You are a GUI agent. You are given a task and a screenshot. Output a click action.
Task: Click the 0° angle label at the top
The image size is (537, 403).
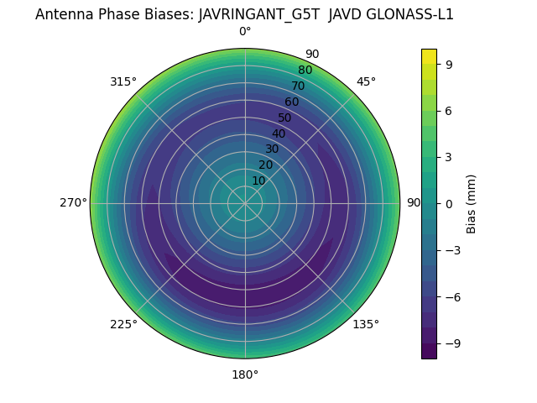(245, 32)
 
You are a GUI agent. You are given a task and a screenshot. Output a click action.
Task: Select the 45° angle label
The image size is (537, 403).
(366, 81)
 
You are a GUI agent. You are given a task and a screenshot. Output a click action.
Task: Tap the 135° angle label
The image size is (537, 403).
(366, 324)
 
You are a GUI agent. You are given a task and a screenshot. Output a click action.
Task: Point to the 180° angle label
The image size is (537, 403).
(245, 374)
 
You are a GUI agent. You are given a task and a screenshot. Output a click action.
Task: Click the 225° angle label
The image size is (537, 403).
(123, 324)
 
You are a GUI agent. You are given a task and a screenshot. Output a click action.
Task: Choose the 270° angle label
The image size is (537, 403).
(73, 203)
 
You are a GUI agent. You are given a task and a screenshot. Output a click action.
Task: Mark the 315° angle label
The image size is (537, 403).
(123, 81)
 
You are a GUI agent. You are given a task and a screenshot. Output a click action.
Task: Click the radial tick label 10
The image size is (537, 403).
(258, 181)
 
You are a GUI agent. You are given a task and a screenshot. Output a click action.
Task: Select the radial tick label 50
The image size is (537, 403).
(285, 118)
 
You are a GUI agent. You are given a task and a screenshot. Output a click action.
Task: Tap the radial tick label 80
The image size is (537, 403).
(305, 70)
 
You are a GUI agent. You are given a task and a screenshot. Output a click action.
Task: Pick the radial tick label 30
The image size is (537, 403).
(272, 149)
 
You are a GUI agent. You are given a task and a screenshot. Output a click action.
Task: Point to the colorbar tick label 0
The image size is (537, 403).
(450, 203)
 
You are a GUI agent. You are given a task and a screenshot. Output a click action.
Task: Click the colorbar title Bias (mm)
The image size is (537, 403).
(472, 203)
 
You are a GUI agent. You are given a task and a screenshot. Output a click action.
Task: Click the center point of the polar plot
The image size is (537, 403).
(245, 203)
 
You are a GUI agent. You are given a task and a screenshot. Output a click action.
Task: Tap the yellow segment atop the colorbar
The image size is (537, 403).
(429, 56)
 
